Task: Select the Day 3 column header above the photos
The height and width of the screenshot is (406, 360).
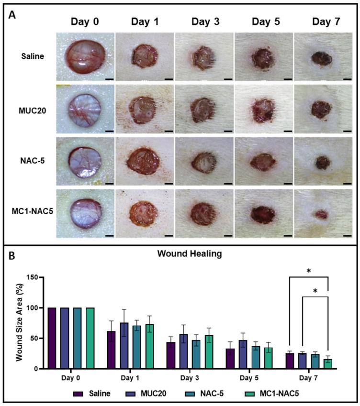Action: [x=204, y=22]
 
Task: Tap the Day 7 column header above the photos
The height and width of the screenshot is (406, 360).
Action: [x=324, y=22]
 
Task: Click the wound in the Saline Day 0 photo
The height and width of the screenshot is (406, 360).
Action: [x=84, y=54]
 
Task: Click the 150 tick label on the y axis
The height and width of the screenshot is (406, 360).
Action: [x=32, y=277]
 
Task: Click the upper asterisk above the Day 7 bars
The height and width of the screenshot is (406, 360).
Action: [x=308, y=271]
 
